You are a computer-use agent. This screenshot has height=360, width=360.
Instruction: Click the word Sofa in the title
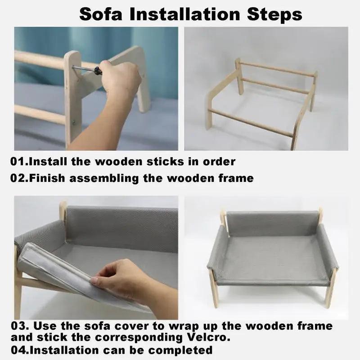pyautogui.click(x=101, y=14)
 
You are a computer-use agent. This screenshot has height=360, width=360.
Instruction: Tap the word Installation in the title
pyautogui.click(x=185, y=14)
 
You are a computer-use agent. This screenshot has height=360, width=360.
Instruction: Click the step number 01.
pyautogui.click(x=19, y=162)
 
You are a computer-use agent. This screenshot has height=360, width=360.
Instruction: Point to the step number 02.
pyautogui.click(x=19, y=178)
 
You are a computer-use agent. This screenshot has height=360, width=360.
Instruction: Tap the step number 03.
pyautogui.click(x=20, y=326)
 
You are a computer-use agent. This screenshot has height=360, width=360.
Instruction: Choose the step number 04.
pyautogui.click(x=20, y=350)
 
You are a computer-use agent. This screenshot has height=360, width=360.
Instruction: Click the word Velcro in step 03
pyautogui.click(x=209, y=337)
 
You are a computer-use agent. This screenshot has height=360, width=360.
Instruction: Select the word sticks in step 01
pyautogui.click(x=165, y=162)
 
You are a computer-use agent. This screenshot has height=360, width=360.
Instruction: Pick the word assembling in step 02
pyautogui.click(x=104, y=179)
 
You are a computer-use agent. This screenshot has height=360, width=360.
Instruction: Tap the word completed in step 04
pyautogui.click(x=180, y=351)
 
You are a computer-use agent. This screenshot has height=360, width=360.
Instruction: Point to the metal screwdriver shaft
pyautogui.click(x=83, y=68)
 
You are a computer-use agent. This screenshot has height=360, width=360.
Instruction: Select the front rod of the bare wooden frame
pyautogui.click(x=251, y=123)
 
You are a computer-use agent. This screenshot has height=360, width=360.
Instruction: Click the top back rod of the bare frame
pyautogui.click(x=277, y=68)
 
